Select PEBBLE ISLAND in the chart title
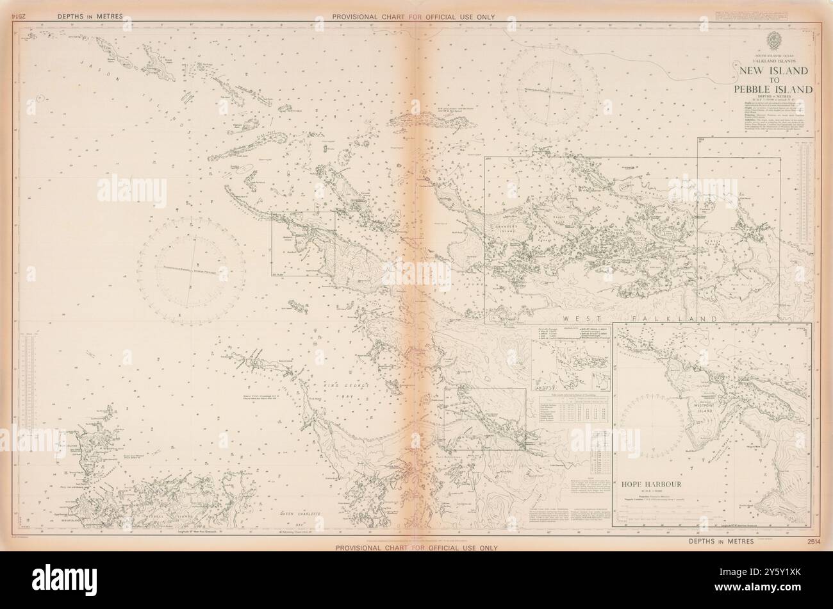pyautogui.click(x=774, y=89)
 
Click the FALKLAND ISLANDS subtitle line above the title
pyautogui.click(x=774, y=62)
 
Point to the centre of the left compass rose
pyautogui.click(x=192, y=271)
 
